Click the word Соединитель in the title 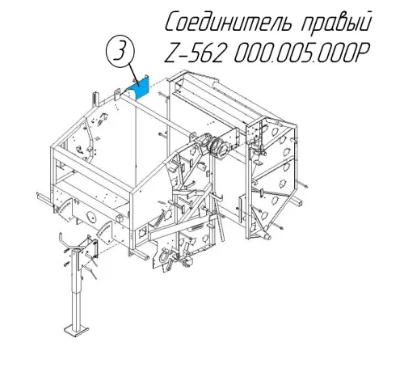[228, 22]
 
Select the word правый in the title [336, 23]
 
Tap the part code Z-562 [194, 52]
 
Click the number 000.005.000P [301, 52]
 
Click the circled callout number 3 [120, 50]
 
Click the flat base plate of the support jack [76, 331]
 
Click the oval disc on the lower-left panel [92, 216]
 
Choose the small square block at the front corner [120, 218]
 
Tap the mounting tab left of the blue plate [117, 95]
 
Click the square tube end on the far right [297, 202]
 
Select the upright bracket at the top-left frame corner [95, 99]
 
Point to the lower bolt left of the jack [65, 264]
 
